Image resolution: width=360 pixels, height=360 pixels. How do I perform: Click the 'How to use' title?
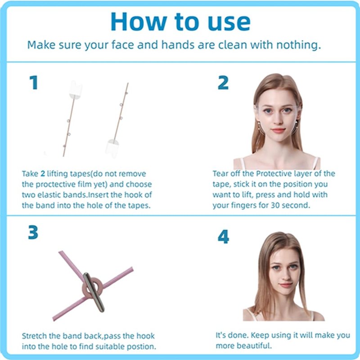click(x=180, y=21)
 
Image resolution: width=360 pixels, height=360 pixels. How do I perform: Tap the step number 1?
click(x=34, y=83)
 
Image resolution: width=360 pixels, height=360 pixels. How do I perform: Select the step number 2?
click(x=223, y=83)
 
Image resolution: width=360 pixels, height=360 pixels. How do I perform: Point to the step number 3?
click(x=33, y=232)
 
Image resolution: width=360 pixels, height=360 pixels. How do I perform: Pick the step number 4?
click(x=223, y=237)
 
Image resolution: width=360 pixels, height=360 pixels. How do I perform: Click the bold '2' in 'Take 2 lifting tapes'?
click(x=43, y=174)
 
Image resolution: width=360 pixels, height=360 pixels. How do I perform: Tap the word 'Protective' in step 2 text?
click(x=273, y=173)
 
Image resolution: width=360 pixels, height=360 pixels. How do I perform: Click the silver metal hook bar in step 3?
click(x=94, y=292)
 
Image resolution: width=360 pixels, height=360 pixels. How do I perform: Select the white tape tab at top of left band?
click(x=75, y=90)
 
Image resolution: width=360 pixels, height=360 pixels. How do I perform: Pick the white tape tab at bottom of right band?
click(x=112, y=148)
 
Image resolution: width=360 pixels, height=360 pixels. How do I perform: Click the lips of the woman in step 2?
click(x=278, y=130)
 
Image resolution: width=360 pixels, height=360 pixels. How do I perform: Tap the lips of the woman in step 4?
click(x=286, y=285)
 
